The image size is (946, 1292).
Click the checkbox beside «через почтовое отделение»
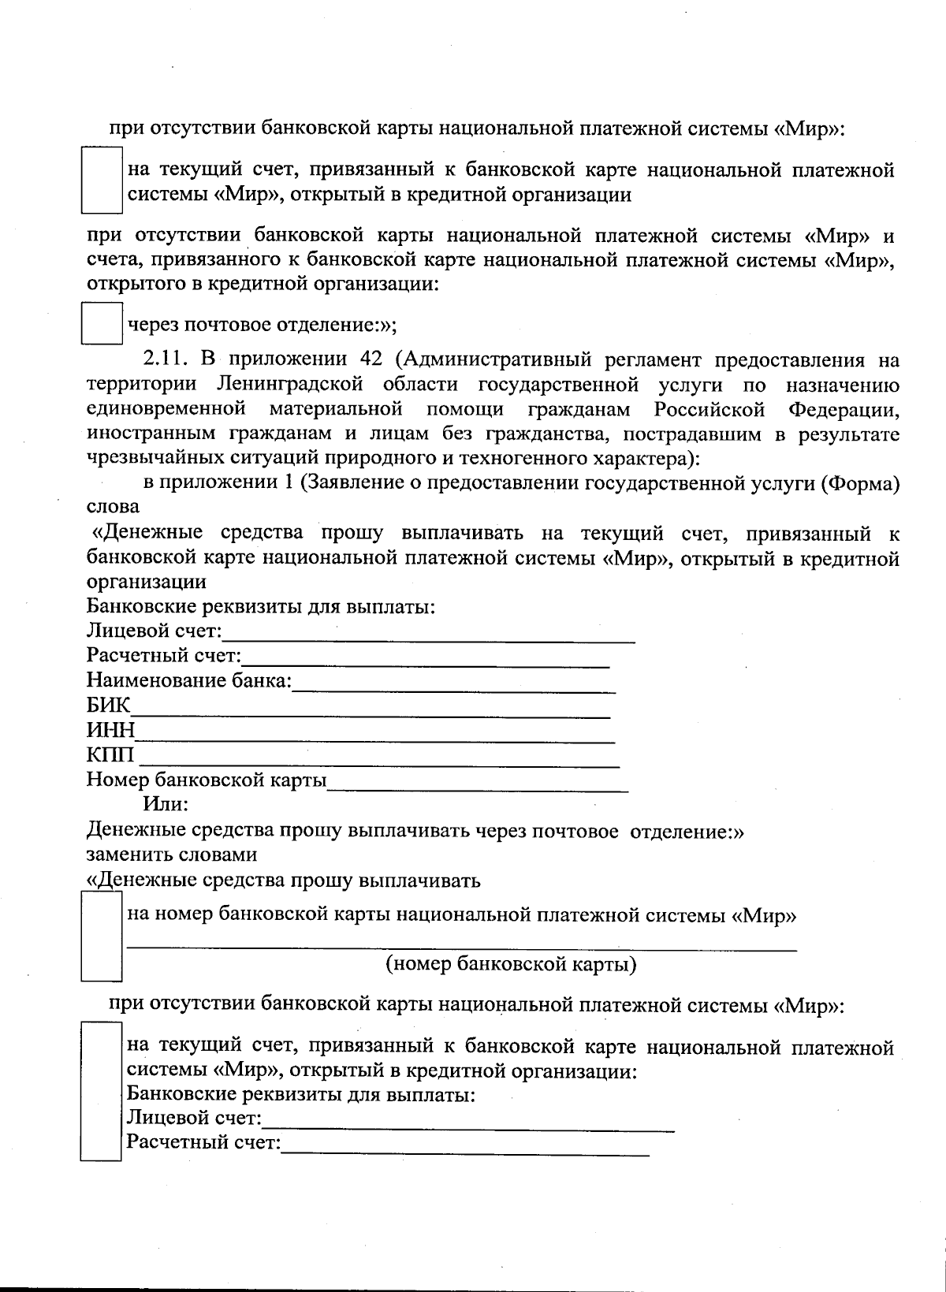[x=102, y=324]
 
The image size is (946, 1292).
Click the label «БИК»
[x=108, y=705]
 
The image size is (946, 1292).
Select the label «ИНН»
[x=110, y=729]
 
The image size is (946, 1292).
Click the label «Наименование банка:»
[x=189, y=680]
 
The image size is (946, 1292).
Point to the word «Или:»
[x=166, y=805]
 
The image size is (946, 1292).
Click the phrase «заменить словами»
[x=171, y=855]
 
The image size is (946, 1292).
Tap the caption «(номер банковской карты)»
[x=511, y=964]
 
